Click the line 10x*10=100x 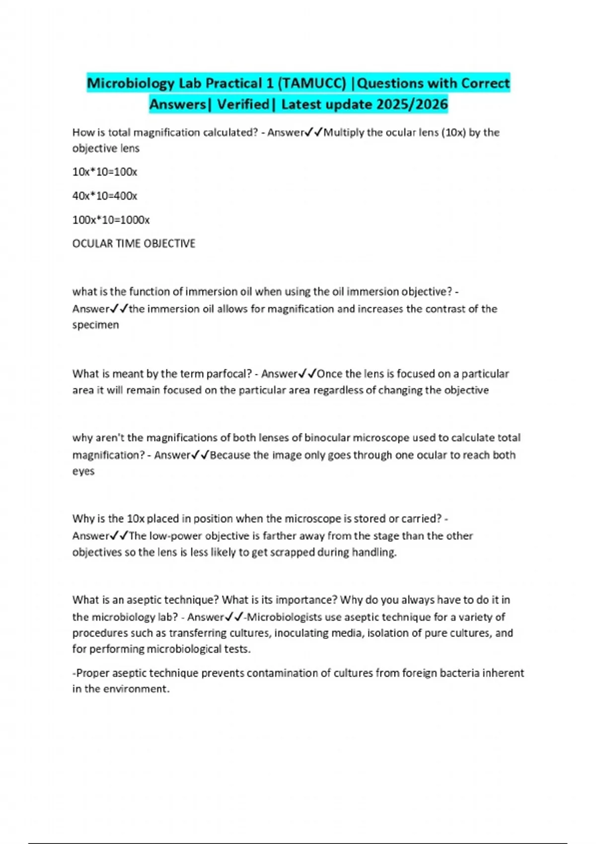click(105, 172)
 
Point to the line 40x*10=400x click(105, 196)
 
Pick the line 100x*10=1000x click(111, 219)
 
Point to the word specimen click(96, 325)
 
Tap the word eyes click(83, 471)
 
